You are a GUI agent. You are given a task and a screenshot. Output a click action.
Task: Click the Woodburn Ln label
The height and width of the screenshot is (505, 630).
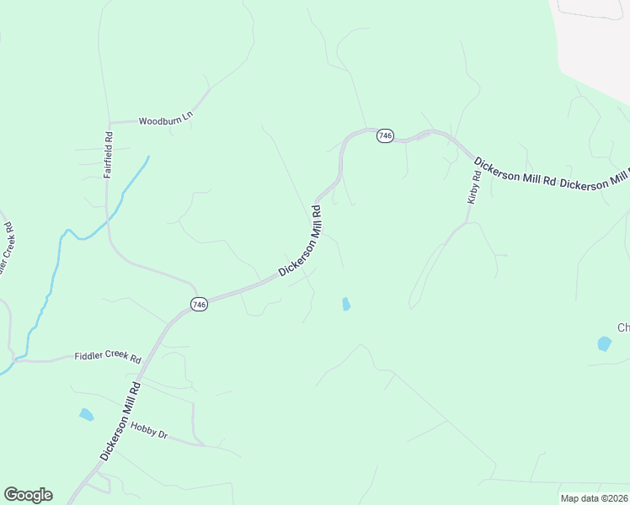pyautogui.click(x=166, y=121)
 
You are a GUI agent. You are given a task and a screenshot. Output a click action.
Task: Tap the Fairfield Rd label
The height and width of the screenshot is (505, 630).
pyautogui.click(x=108, y=154)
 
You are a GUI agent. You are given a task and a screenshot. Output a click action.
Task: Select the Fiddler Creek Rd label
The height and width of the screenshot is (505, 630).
pyautogui.click(x=108, y=357)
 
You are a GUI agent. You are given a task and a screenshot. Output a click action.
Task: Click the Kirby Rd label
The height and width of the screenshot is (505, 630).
pyautogui.click(x=473, y=187)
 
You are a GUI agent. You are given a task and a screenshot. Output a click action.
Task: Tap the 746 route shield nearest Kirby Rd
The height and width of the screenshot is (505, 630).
pyautogui.click(x=385, y=136)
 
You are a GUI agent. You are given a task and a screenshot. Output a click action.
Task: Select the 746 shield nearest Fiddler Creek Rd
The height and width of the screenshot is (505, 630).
pyautogui.click(x=199, y=305)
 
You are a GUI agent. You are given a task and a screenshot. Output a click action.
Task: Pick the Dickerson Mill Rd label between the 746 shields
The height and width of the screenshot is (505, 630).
pyautogui.click(x=301, y=245)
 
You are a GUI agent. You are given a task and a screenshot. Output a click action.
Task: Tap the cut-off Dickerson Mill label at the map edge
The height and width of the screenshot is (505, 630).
pyautogui.click(x=595, y=178)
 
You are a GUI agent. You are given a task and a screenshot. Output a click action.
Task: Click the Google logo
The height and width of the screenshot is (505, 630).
pyautogui.click(x=28, y=495)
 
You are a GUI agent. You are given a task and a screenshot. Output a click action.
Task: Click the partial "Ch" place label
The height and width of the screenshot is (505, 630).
pyautogui.click(x=623, y=327)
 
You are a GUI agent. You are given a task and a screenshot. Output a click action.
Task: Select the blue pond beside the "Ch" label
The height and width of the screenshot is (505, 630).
pyautogui.click(x=604, y=343)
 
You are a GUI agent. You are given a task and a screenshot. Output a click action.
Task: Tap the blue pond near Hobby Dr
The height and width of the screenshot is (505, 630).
pyautogui.click(x=86, y=414)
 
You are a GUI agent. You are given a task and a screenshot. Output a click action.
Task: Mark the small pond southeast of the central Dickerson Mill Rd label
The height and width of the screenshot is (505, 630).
pyautogui.click(x=345, y=304)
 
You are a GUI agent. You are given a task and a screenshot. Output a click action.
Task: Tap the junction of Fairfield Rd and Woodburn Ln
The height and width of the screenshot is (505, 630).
pyautogui.click(x=108, y=123)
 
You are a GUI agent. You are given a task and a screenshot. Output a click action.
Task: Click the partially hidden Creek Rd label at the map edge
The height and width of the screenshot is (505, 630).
pyautogui.click(x=8, y=248)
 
